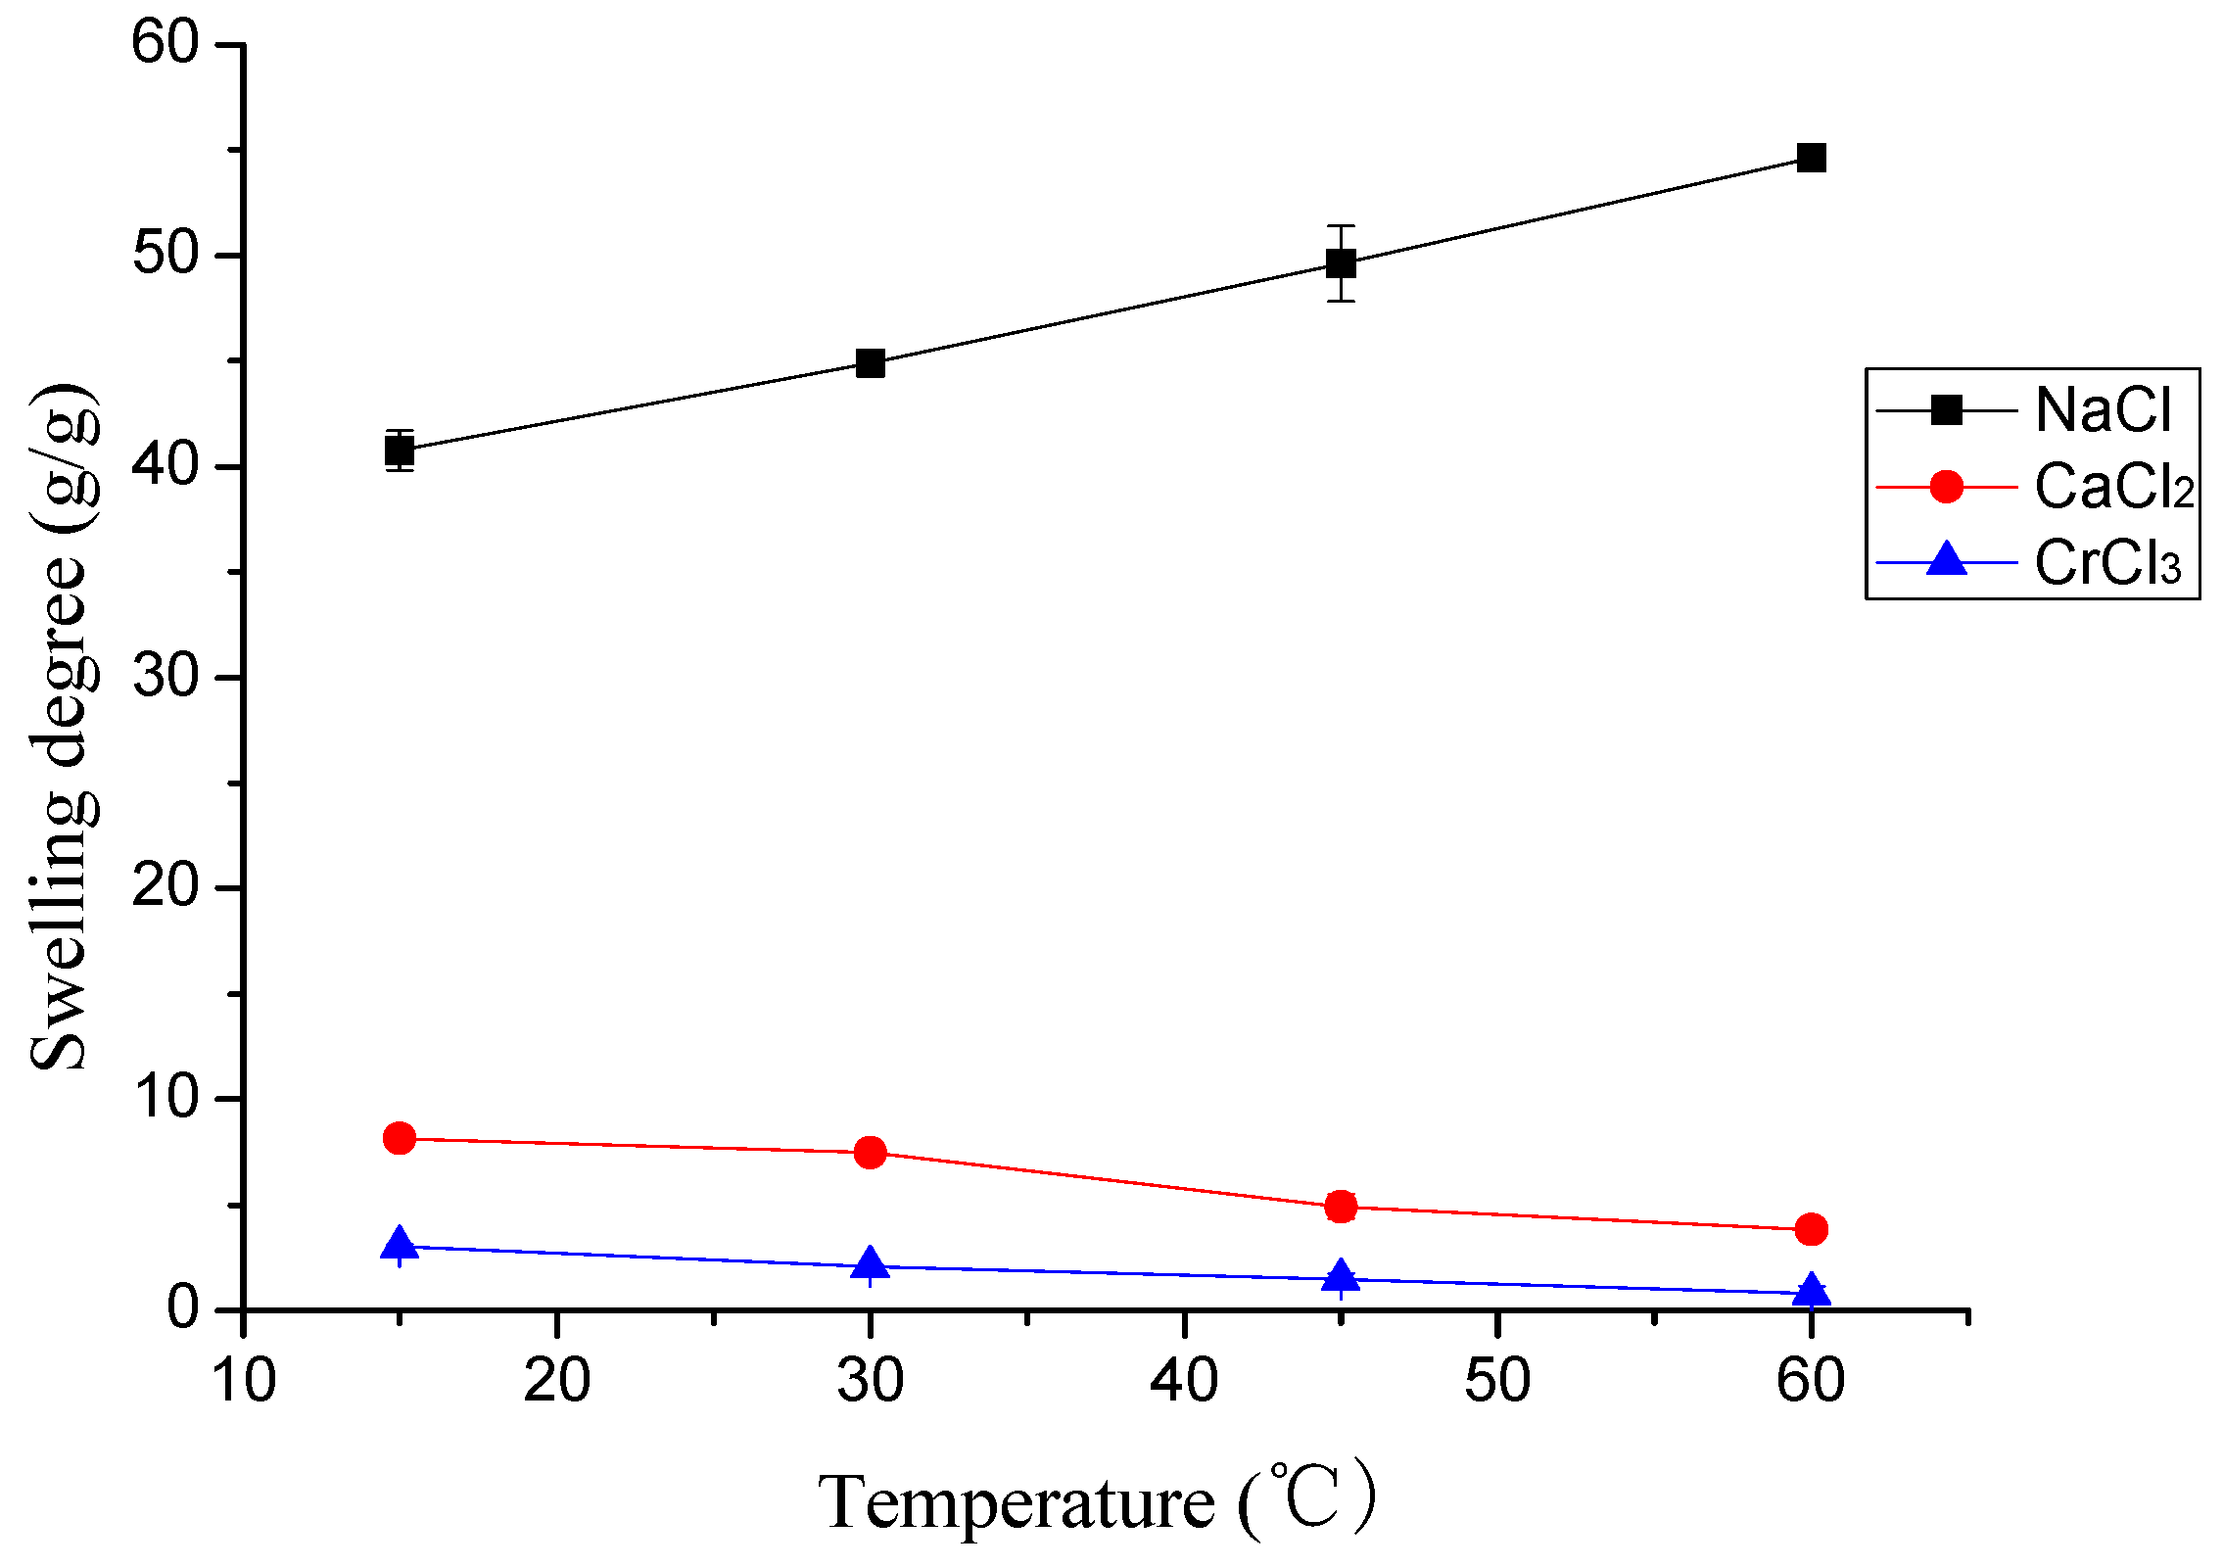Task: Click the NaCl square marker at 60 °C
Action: pos(1811,158)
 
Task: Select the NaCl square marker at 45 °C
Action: pos(1341,263)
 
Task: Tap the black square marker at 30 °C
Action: pos(870,363)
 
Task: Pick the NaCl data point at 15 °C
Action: pos(400,451)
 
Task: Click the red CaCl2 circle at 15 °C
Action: pos(400,1138)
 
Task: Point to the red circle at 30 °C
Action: pos(870,1153)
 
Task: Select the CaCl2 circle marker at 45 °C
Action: pos(1341,1207)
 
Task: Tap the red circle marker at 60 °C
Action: pos(1811,1229)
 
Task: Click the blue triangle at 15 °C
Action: pos(400,1245)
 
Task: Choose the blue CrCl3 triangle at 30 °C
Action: pos(870,1264)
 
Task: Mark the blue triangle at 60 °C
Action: pos(1811,1291)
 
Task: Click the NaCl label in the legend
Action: pos(2103,409)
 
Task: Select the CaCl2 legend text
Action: pos(2113,486)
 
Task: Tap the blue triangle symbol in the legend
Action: pos(1947,560)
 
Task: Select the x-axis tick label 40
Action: pos(1184,1381)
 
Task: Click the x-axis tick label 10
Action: pos(244,1381)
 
